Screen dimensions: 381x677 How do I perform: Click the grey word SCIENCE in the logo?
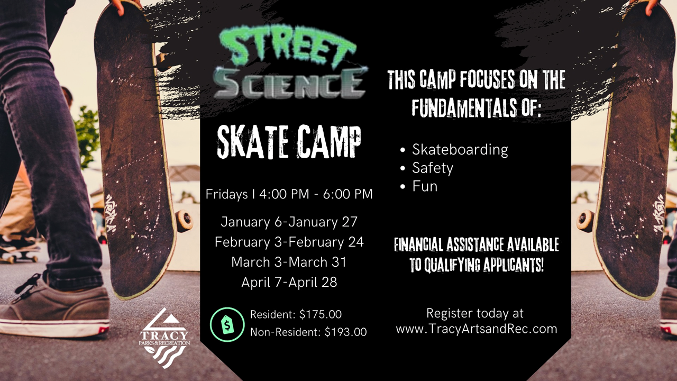pos(290,83)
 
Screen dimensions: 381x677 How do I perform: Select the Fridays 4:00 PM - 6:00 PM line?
pos(289,194)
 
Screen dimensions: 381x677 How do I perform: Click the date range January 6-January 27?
pos(289,222)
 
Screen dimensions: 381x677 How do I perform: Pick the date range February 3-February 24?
pos(289,242)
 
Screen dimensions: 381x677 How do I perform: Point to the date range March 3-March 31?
pos(289,262)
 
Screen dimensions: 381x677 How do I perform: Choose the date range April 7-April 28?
pos(289,282)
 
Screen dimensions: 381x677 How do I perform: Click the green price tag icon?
pos(227,324)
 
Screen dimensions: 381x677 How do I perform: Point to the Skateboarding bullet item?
pos(460,150)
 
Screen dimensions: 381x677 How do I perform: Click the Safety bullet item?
pos(432,168)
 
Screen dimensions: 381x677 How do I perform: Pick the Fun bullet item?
pos(425,186)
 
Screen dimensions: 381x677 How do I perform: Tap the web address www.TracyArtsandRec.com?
pos(476,329)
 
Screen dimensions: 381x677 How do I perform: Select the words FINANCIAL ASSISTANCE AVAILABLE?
pos(476,244)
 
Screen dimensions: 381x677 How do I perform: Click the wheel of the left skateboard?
pos(184,221)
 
